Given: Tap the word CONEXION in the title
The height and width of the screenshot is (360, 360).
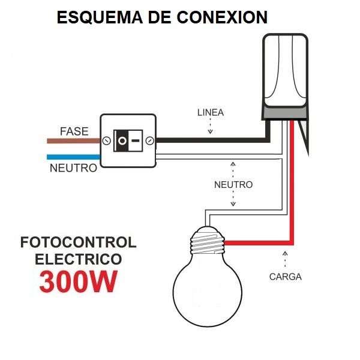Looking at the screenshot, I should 223,17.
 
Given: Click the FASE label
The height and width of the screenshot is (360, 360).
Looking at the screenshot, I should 74,131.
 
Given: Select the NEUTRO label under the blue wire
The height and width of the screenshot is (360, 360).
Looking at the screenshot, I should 73,168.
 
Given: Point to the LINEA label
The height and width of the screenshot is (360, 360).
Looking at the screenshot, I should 211,113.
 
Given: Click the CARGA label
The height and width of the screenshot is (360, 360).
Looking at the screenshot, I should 285,277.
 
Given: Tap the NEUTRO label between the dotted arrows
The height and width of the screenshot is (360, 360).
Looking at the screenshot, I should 233,185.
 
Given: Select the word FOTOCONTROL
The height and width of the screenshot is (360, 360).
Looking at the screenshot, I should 78,243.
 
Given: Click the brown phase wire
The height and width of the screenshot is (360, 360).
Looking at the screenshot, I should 73,142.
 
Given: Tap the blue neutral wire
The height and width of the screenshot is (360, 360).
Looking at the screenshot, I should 73,157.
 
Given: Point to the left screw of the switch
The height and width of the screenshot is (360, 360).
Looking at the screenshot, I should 106,142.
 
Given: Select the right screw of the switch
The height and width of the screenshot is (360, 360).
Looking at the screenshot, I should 149,142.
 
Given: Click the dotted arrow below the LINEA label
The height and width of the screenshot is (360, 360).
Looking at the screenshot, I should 211,126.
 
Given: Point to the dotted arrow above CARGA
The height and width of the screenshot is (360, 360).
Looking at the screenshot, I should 284,259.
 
